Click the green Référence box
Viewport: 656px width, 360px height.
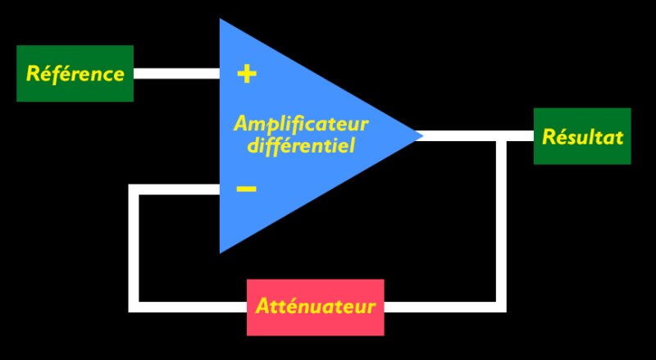(x=75, y=74)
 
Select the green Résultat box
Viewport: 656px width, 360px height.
(x=582, y=136)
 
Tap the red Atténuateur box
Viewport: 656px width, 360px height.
(x=316, y=308)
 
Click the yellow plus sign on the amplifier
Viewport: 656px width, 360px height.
(x=246, y=74)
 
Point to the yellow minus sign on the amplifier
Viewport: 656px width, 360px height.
(x=246, y=189)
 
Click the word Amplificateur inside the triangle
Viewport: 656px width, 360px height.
(x=301, y=124)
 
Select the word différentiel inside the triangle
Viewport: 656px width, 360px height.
(x=301, y=148)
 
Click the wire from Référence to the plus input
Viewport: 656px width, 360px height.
(x=176, y=74)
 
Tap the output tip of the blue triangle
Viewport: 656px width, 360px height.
(x=420, y=136)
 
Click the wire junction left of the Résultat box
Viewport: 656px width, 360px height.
(x=501, y=136)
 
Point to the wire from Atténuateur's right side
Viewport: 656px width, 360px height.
(x=443, y=308)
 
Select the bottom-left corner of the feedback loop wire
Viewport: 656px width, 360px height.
(x=134, y=308)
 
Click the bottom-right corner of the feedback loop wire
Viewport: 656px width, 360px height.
(x=501, y=308)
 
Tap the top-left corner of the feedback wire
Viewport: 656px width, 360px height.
(x=134, y=189)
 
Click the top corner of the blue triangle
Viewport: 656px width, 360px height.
(x=221, y=21)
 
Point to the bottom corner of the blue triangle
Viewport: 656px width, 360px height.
(x=221, y=251)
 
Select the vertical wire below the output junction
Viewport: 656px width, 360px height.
(x=501, y=221)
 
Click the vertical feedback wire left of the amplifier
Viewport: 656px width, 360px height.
(x=134, y=246)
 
